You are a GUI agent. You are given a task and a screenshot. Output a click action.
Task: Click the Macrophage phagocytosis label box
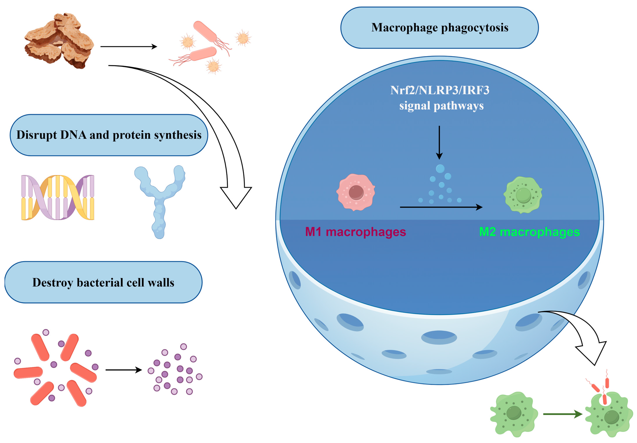coord(439,28)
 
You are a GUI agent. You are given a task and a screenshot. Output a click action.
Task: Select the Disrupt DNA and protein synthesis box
coord(109,135)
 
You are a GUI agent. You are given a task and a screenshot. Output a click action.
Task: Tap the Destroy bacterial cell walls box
coord(103,282)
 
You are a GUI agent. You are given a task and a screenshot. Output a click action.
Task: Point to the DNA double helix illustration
coord(58,197)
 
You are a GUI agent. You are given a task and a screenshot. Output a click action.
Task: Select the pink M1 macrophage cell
coord(356,192)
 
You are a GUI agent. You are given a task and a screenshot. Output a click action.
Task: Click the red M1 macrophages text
coord(355,232)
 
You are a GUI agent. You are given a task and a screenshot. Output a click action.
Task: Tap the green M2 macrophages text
coord(529,232)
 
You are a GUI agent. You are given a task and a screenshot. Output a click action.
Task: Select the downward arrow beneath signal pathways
coord(439,143)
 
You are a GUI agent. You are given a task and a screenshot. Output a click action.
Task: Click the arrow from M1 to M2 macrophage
coord(441,207)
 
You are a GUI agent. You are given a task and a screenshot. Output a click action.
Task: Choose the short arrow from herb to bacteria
coord(129,47)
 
